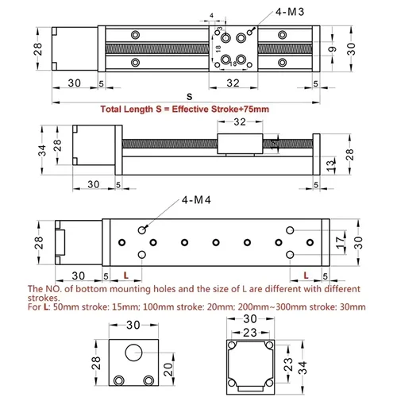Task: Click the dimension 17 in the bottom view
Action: (x=341, y=240)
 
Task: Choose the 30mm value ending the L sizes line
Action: (x=352, y=306)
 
